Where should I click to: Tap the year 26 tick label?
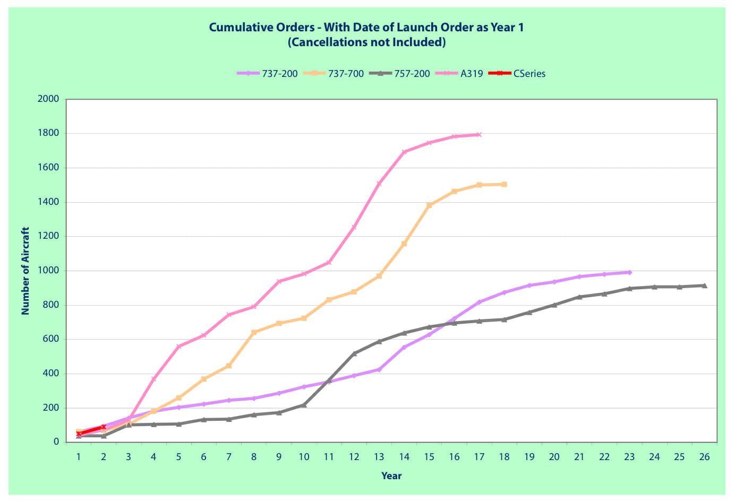pos(704,457)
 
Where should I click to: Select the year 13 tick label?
pos(379,457)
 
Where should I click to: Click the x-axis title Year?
pos(391,476)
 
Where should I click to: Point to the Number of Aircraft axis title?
pos(25,271)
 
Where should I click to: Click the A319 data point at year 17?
pos(479,135)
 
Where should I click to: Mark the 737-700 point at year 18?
pos(504,185)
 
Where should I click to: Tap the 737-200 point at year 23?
pos(629,272)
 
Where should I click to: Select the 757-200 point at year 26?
pos(704,285)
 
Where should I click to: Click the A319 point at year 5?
pos(178,347)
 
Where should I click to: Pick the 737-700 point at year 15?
pos(429,205)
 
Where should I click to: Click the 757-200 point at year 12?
pos(354,353)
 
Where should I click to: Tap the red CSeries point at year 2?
pos(104,427)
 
